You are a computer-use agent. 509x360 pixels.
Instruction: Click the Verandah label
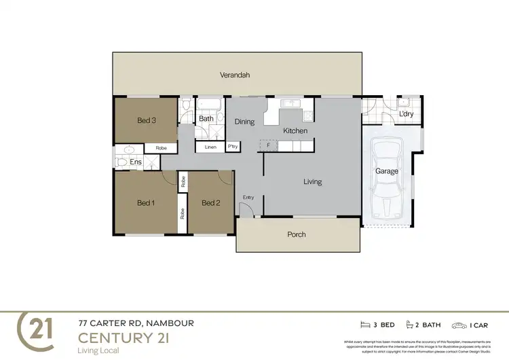(x=235, y=75)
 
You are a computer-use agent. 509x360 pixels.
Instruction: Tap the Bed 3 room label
(x=147, y=121)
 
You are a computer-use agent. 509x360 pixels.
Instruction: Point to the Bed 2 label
(x=211, y=202)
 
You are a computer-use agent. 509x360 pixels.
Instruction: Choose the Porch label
(x=297, y=234)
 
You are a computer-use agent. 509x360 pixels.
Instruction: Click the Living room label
(x=312, y=182)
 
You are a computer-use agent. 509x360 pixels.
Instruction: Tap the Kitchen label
(x=295, y=130)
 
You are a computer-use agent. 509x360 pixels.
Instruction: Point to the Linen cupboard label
(x=210, y=146)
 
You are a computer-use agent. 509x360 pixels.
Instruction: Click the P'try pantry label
(x=233, y=146)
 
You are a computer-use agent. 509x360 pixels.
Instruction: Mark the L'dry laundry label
(x=406, y=114)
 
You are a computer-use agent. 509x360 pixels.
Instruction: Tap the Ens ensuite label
(x=136, y=162)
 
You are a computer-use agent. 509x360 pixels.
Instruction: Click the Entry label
(x=248, y=198)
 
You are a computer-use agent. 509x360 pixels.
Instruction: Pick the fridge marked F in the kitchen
(x=269, y=145)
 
